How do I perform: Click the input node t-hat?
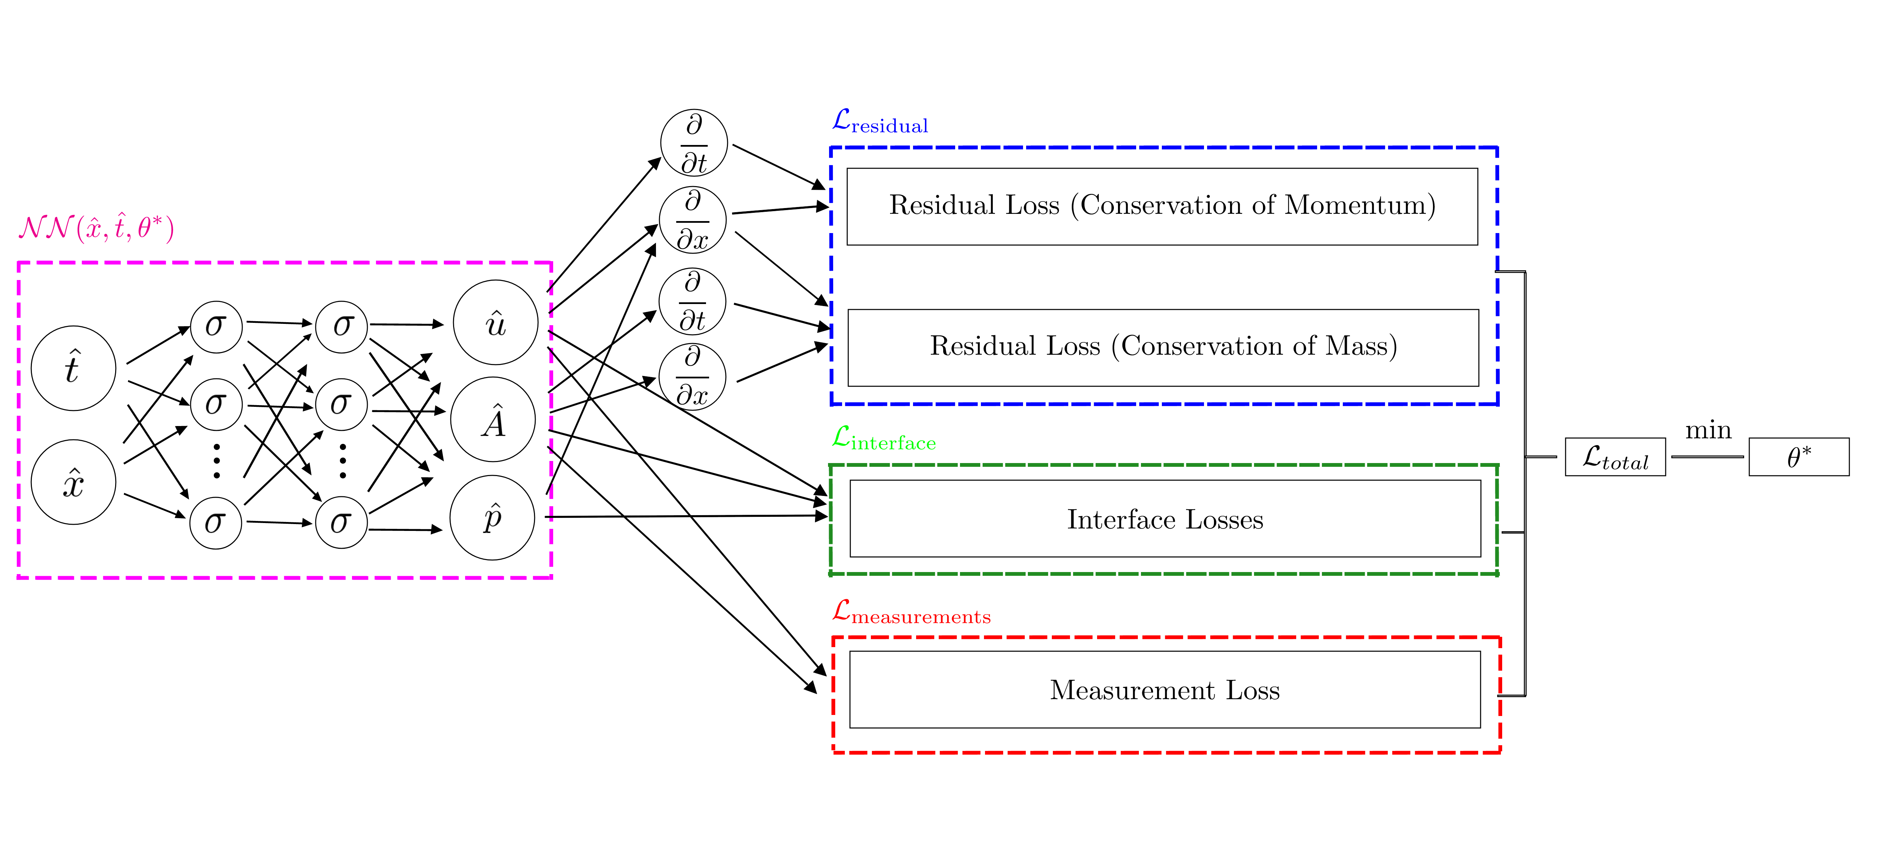pyautogui.click(x=73, y=368)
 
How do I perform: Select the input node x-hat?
pyautogui.click(x=73, y=482)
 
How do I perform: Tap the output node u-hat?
pyautogui.click(x=495, y=323)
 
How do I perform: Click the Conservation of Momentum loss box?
pyautogui.click(x=1162, y=206)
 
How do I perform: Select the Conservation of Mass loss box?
pyautogui.click(x=1163, y=348)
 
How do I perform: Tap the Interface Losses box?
pyautogui.click(x=1165, y=519)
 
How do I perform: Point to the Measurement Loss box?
pyautogui.click(x=1165, y=690)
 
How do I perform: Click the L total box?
pyautogui.click(x=1615, y=457)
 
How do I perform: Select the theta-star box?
pyautogui.click(x=1799, y=457)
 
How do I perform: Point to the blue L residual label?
pyautogui.click(x=880, y=122)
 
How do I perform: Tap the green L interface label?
pyautogui.click(x=884, y=439)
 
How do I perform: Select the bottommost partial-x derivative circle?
pyautogui.click(x=692, y=377)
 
